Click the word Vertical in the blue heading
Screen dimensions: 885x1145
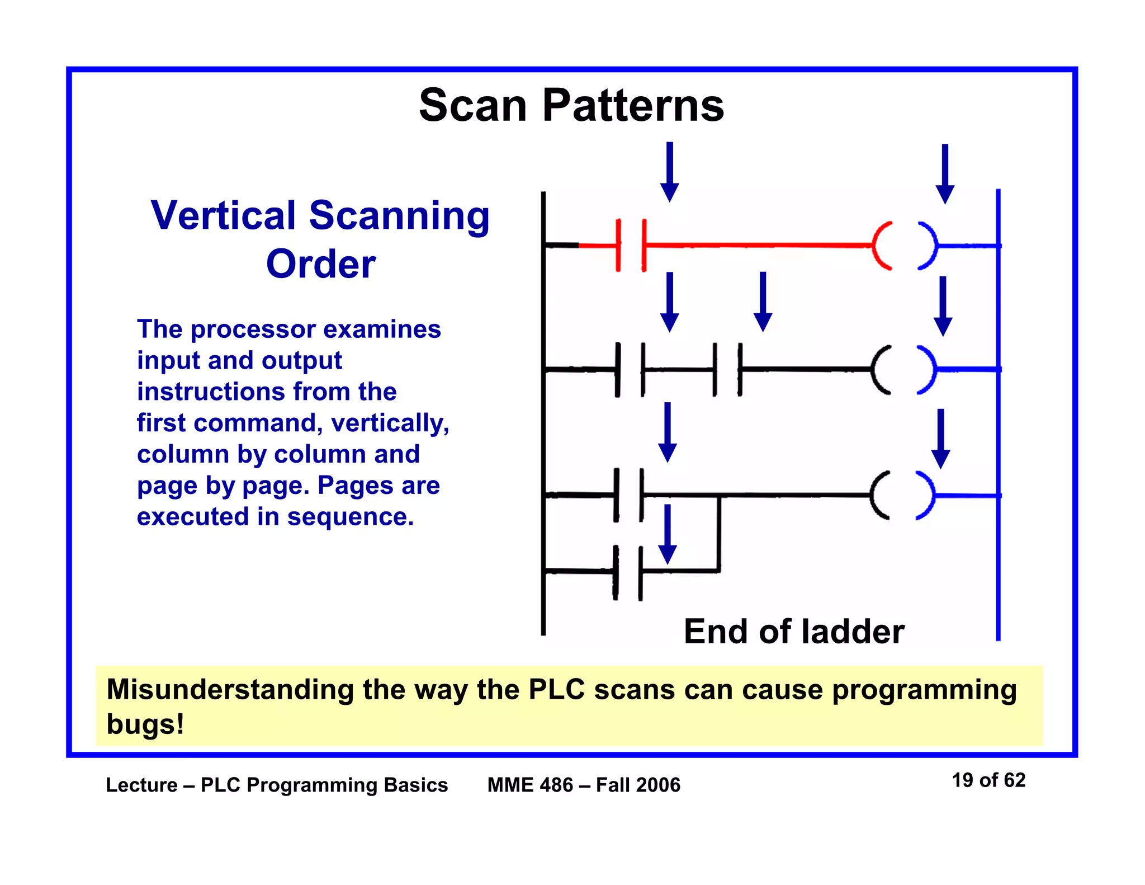tap(223, 215)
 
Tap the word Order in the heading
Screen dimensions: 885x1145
tap(320, 264)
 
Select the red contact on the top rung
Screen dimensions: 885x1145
tap(631, 246)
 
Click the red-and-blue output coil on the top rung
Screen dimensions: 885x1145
tap(904, 246)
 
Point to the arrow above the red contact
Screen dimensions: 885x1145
tap(669, 171)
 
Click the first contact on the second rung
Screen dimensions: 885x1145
tap(630, 370)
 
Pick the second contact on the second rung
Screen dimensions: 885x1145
tap(727, 370)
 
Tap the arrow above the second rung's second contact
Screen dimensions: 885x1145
tap(763, 302)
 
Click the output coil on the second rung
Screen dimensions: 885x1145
tap(903, 370)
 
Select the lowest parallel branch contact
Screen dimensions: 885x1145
tap(628, 572)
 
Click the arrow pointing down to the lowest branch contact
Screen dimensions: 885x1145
tap(667, 534)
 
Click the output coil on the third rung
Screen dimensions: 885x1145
tap(902, 496)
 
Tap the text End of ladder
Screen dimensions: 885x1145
tap(794, 632)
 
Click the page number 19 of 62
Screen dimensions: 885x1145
tap(988, 780)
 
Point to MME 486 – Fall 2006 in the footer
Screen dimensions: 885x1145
tap(584, 785)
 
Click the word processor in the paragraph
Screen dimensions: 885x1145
tap(253, 329)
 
